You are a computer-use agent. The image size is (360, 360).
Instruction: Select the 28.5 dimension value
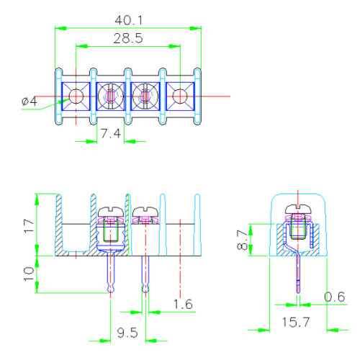pos(127,38)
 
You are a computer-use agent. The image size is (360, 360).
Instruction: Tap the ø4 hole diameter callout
pos(30,102)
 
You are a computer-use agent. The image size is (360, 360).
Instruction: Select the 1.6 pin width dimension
pos(184,305)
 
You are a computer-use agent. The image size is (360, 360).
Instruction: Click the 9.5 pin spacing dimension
pos(127,333)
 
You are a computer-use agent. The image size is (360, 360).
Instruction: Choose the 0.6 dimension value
pos(333,297)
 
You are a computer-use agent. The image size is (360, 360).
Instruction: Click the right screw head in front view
pos(146,212)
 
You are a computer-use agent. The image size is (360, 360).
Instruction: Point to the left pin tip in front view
pos(110,289)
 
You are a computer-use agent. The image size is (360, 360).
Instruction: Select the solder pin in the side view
pos(297,277)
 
